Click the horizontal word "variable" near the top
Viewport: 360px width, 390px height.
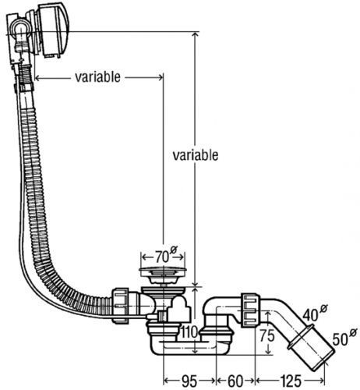pos(97,77)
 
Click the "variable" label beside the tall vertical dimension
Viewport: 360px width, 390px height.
pos(196,155)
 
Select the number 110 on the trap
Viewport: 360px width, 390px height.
pos(189,332)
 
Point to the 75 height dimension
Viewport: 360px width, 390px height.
pos(267,335)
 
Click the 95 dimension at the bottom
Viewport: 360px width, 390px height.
pos(189,381)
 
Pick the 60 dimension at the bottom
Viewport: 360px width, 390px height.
pos(235,381)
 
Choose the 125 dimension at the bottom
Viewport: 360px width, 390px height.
pos(291,381)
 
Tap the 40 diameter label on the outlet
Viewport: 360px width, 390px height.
pos(314,313)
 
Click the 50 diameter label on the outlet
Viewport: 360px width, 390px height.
pos(344,337)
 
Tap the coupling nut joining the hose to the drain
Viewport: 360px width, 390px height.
pos(121,306)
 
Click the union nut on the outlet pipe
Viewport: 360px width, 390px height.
pos(251,310)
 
